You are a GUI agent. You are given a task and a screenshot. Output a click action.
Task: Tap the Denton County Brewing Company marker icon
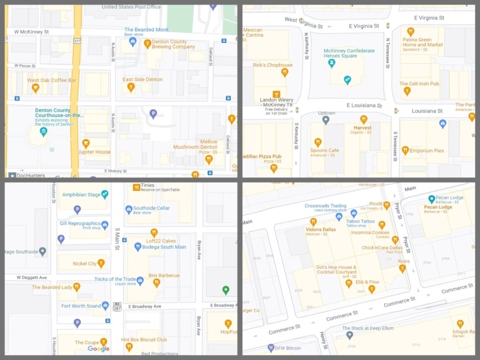coord(147,43)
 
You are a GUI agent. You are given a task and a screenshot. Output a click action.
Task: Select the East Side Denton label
coord(142,80)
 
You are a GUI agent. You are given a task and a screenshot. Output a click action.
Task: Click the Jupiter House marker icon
coord(86,144)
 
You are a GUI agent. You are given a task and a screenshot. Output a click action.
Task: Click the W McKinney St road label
coord(31,32)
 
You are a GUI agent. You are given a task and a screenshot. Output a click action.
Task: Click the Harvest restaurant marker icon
coord(363,119)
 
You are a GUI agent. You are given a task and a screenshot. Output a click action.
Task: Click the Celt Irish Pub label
coord(419,84)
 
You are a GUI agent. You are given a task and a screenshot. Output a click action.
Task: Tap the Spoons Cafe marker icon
coord(318,142)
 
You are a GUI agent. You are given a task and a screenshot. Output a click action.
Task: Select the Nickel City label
coord(85,263)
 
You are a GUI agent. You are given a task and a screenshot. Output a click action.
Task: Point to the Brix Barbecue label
coord(164,275)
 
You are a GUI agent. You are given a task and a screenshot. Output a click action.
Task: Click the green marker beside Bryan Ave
coord(225,290)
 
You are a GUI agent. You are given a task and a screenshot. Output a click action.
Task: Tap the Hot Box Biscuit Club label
coord(144,339)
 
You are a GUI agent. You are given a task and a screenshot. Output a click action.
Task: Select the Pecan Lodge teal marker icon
coord(432,199)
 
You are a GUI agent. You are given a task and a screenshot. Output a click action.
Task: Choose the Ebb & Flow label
coord(368,282)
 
